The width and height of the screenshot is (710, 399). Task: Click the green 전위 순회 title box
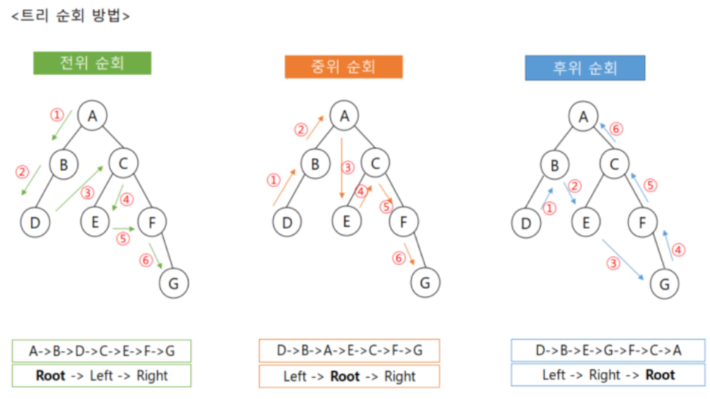(92, 63)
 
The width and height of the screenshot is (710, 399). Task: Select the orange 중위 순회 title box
(344, 66)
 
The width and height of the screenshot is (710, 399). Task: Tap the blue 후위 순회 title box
(585, 68)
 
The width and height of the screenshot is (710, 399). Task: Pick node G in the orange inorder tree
(425, 282)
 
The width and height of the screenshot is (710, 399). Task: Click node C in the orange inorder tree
(375, 164)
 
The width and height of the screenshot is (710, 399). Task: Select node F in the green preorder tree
(151, 223)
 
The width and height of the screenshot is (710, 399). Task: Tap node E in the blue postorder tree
(585, 223)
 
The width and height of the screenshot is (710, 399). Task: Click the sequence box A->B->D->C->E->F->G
(102, 351)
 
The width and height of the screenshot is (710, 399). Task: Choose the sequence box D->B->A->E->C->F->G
(349, 350)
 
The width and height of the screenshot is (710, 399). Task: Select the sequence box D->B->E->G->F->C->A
(608, 350)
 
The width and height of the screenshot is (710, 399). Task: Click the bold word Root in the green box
(50, 376)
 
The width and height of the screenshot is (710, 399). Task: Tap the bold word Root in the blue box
(660, 374)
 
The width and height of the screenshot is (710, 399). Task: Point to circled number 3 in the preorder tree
(88, 193)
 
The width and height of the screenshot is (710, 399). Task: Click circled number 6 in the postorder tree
(616, 129)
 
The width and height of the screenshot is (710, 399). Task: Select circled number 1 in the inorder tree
(274, 181)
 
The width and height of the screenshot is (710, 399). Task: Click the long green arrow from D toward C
(79, 188)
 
